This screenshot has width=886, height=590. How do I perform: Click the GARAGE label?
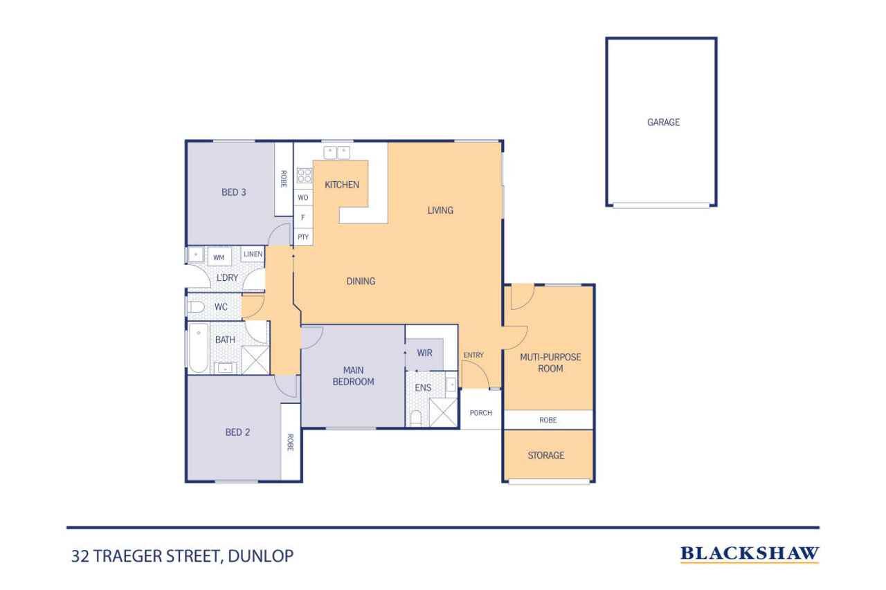(663, 122)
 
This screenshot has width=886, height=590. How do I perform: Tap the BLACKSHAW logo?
(750, 553)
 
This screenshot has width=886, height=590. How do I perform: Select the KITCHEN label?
(342, 185)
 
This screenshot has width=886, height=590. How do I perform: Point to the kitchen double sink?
(338, 151)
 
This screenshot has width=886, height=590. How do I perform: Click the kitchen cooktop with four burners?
(304, 176)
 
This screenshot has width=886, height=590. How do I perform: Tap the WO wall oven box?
(303, 198)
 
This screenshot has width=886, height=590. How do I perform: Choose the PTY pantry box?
(303, 237)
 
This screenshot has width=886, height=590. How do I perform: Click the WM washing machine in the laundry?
(219, 257)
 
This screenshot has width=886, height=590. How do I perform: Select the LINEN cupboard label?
(253, 255)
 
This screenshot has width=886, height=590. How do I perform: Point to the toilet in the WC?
(195, 306)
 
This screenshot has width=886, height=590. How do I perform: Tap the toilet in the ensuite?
(416, 418)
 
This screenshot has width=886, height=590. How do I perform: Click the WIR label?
(424, 353)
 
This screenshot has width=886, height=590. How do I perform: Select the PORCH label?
(480, 413)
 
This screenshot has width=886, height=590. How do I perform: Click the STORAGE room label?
(546, 455)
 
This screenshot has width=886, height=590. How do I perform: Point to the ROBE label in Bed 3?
(284, 178)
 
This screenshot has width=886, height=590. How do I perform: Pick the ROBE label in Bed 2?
(290, 442)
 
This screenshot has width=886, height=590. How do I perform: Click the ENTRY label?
(473, 355)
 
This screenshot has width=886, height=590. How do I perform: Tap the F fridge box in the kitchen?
(303, 217)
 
